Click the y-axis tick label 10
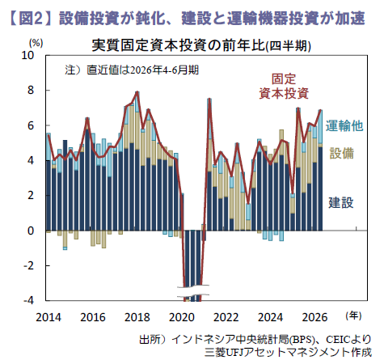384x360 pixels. (x=27, y=55)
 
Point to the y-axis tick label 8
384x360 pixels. (x=31, y=90)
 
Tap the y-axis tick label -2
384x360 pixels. (x=28, y=265)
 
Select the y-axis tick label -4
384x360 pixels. (x=28, y=300)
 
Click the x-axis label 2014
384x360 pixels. (x=49, y=317)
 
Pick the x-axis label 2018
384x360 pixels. (x=137, y=317)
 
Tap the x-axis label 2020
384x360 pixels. (x=182, y=317)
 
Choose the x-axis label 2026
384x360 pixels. (x=314, y=317)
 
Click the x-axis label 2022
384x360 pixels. (x=226, y=317)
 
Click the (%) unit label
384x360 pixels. (x=36, y=43)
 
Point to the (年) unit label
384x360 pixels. (x=353, y=316)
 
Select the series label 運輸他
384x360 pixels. (x=344, y=125)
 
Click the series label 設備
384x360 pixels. (x=342, y=153)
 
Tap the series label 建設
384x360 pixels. (x=341, y=202)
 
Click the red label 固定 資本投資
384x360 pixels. (x=284, y=87)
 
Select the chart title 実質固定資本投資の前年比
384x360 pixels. (x=179, y=45)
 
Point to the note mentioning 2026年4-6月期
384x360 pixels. (x=132, y=70)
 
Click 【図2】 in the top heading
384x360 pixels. (x=31, y=19)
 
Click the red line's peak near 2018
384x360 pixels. (x=137, y=92)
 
